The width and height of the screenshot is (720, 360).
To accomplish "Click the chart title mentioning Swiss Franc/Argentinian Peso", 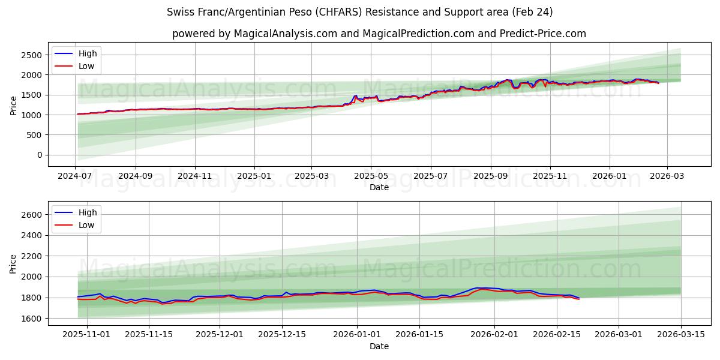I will [359, 12].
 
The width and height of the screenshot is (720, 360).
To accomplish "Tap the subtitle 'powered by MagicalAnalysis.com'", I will [379, 34].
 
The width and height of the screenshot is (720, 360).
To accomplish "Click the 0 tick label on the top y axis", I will [39, 155].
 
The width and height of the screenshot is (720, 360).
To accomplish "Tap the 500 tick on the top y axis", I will [34, 135].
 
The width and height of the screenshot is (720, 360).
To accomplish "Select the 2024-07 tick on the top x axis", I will [75, 176].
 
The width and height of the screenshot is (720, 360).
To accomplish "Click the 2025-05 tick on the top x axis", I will [370, 176].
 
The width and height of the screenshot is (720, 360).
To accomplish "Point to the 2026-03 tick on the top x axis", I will [666, 176].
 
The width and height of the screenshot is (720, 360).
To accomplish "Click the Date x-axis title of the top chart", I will [379, 187].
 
